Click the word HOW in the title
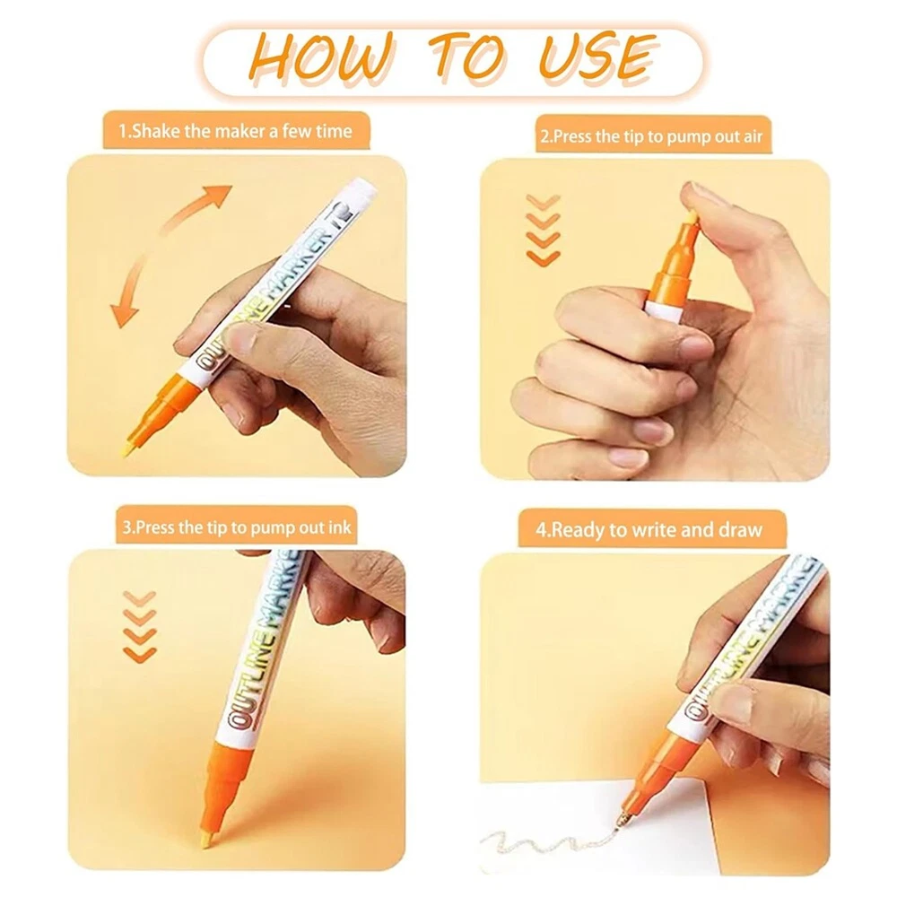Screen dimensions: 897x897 (x=322, y=57)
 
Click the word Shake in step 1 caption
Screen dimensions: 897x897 (x=156, y=132)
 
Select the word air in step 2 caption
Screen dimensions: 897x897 (x=753, y=136)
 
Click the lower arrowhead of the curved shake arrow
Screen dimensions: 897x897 (x=124, y=314)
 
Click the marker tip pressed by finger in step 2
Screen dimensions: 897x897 (x=692, y=218)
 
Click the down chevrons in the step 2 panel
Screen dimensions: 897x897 (x=543, y=230)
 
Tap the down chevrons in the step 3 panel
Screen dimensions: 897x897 (x=140, y=627)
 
